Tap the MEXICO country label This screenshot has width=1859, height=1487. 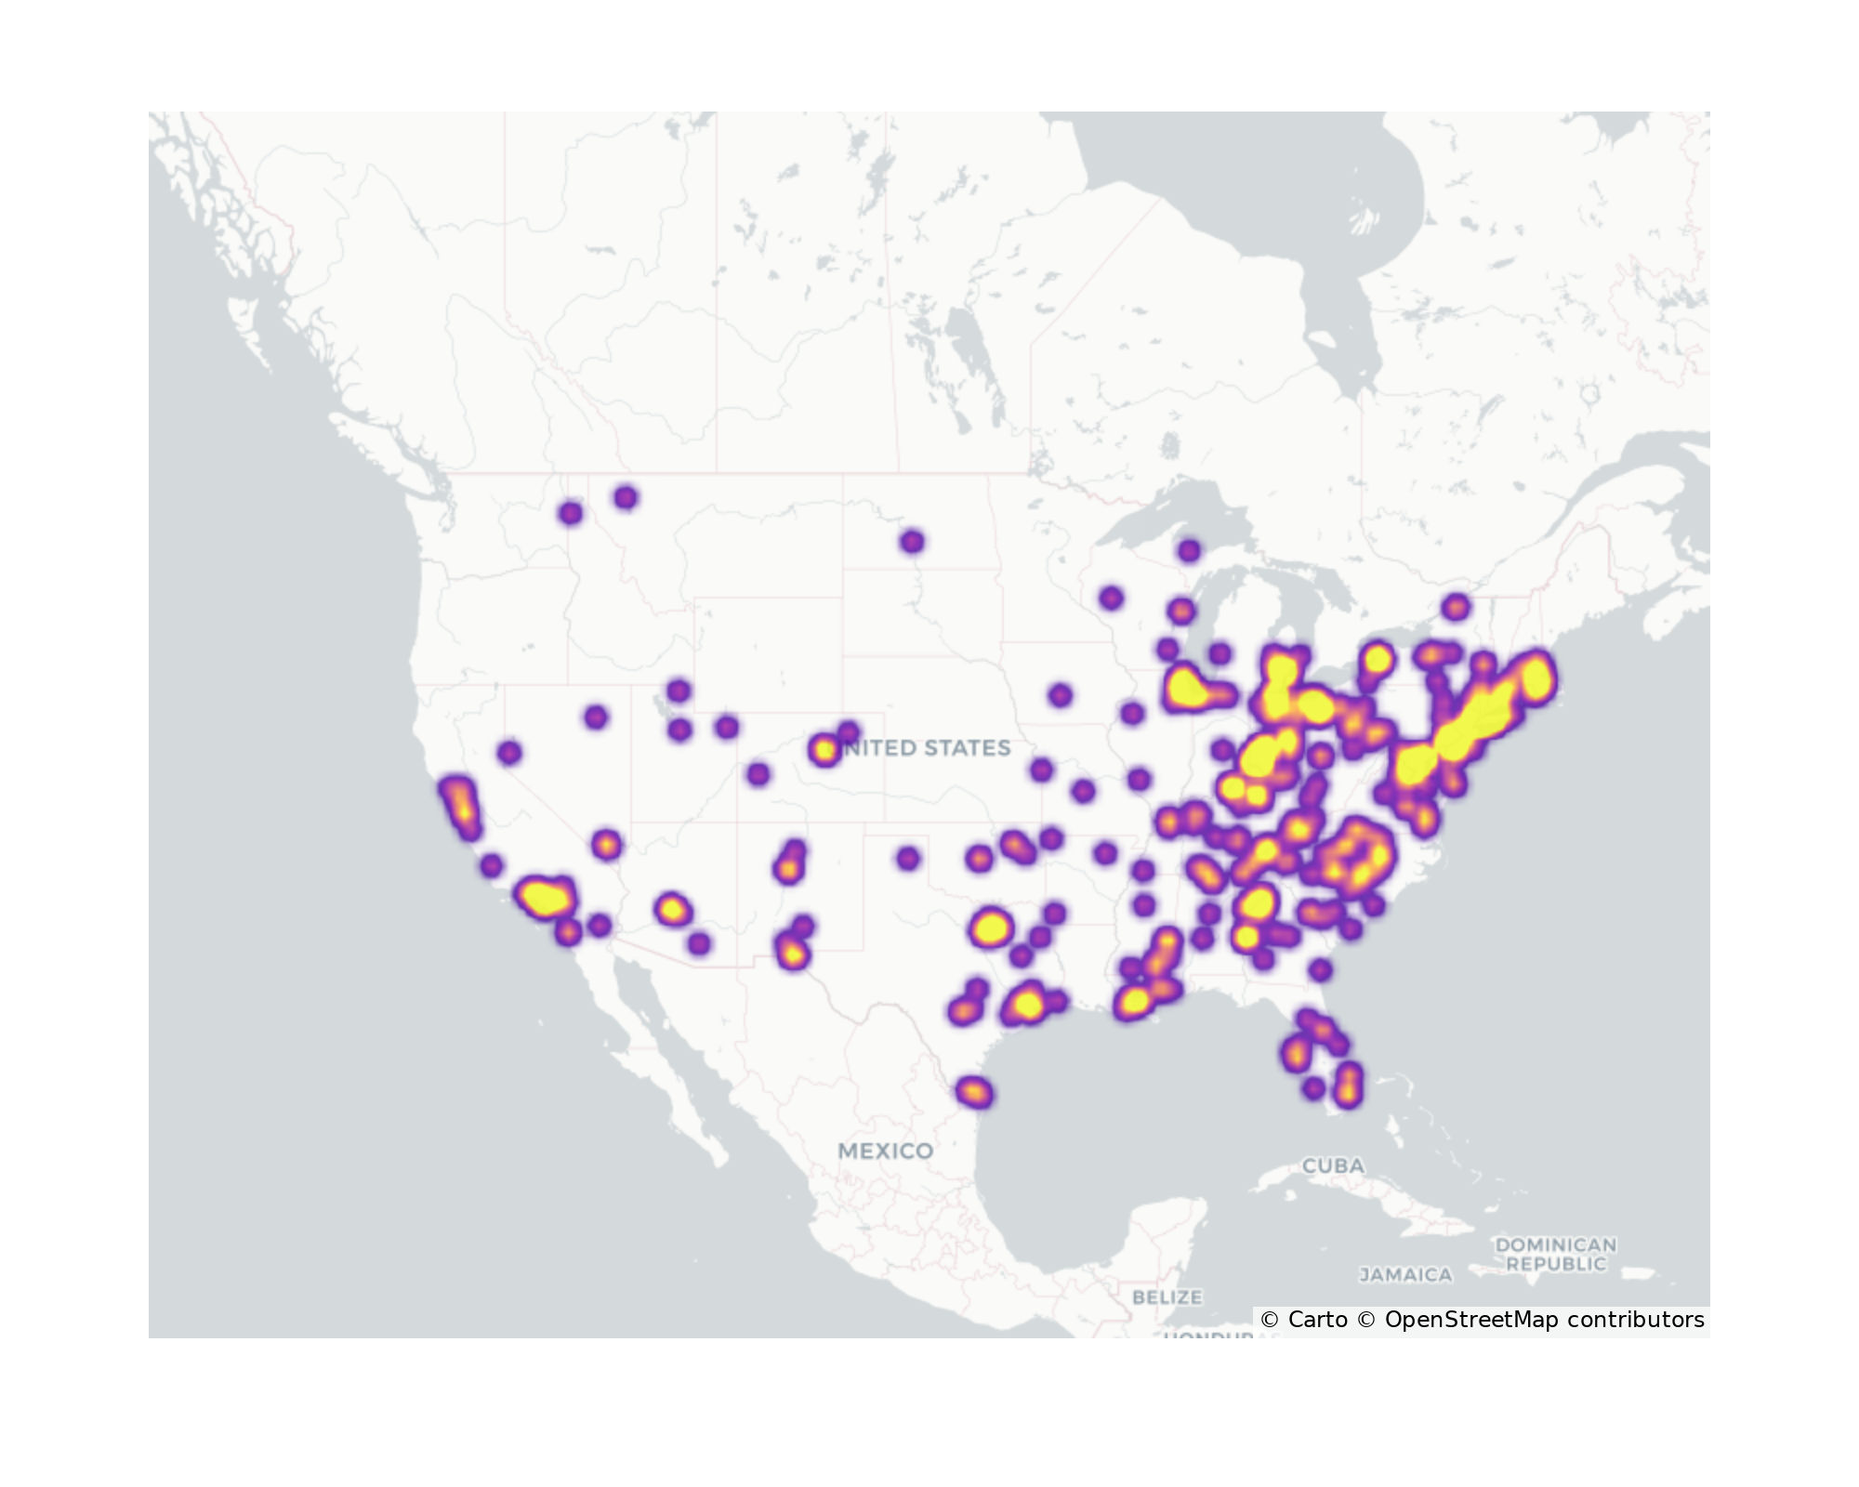pos(885,1151)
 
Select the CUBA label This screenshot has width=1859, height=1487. pos(1333,1165)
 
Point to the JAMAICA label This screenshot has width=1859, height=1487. pos(1405,1275)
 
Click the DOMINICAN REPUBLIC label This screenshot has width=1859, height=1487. pos(1555,1254)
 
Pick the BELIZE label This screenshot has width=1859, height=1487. pos(1167,1296)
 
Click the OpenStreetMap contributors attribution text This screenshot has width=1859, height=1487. pos(1543,1320)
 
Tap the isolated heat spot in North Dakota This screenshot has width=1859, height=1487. pos(912,542)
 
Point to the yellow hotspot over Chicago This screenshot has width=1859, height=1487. pos(1187,689)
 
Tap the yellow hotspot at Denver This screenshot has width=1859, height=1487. pos(824,749)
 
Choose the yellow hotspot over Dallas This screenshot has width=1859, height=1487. pos(991,928)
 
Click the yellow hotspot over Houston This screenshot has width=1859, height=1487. pos(1027,1004)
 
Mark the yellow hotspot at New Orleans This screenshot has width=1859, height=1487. pos(1135,1001)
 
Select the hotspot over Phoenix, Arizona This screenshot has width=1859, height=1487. pos(672,909)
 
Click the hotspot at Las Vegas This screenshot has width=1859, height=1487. pos(607,845)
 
